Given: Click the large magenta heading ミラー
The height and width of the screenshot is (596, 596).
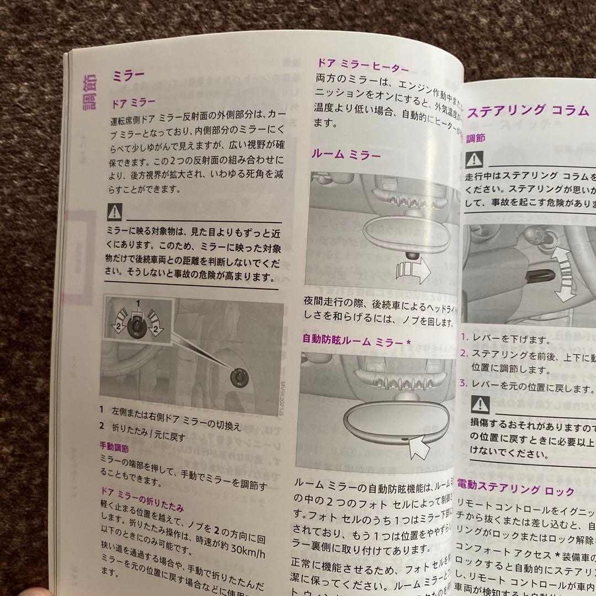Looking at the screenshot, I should click(x=128, y=75).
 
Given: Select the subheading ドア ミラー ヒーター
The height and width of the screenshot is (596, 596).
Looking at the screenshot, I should click(x=362, y=65).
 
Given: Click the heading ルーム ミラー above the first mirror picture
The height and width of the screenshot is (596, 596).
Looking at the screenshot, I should click(x=346, y=155).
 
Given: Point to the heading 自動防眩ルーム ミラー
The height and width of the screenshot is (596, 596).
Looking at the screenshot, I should click(x=356, y=340).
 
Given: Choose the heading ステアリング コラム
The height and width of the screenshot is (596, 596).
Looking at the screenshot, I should click(x=528, y=111).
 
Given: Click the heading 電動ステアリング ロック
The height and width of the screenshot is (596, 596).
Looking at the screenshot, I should click(x=515, y=490).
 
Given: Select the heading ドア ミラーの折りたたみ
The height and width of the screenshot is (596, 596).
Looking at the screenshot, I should click(x=142, y=505).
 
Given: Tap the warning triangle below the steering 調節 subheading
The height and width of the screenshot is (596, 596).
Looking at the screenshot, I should click(x=474, y=160).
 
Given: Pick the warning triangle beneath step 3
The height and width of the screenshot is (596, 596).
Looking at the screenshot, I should click(x=479, y=406).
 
